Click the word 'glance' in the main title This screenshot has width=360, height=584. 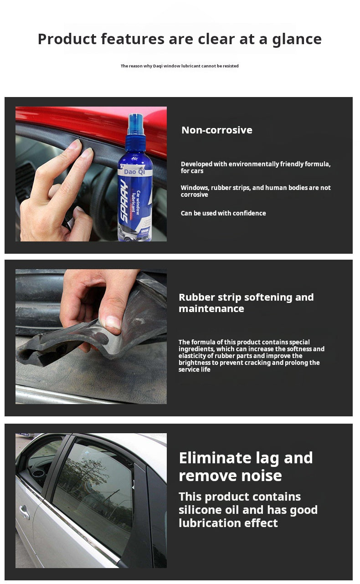[x=297, y=40]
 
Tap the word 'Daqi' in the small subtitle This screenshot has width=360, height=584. [x=158, y=66]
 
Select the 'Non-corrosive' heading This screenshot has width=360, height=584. [x=217, y=130]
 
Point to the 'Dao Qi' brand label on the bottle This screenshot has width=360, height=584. [x=134, y=172]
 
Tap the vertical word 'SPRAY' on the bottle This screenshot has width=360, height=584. [x=124, y=201]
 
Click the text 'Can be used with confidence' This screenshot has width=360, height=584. [x=223, y=213]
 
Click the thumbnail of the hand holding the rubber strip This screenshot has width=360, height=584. [x=91, y=337]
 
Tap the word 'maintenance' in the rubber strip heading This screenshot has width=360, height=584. [x=211, y=309]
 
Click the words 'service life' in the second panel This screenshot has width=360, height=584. [x=194, y=369]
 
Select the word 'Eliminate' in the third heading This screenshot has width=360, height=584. [x=215, y=458]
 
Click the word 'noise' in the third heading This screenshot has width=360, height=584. [x=262, y=476]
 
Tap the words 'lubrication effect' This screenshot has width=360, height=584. [x=228, y=523]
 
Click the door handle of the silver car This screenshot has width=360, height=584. [x=24, y=512]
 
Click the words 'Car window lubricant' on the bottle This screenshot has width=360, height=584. [x=136, y=203]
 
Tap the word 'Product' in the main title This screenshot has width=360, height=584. [x=67, y=39]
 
